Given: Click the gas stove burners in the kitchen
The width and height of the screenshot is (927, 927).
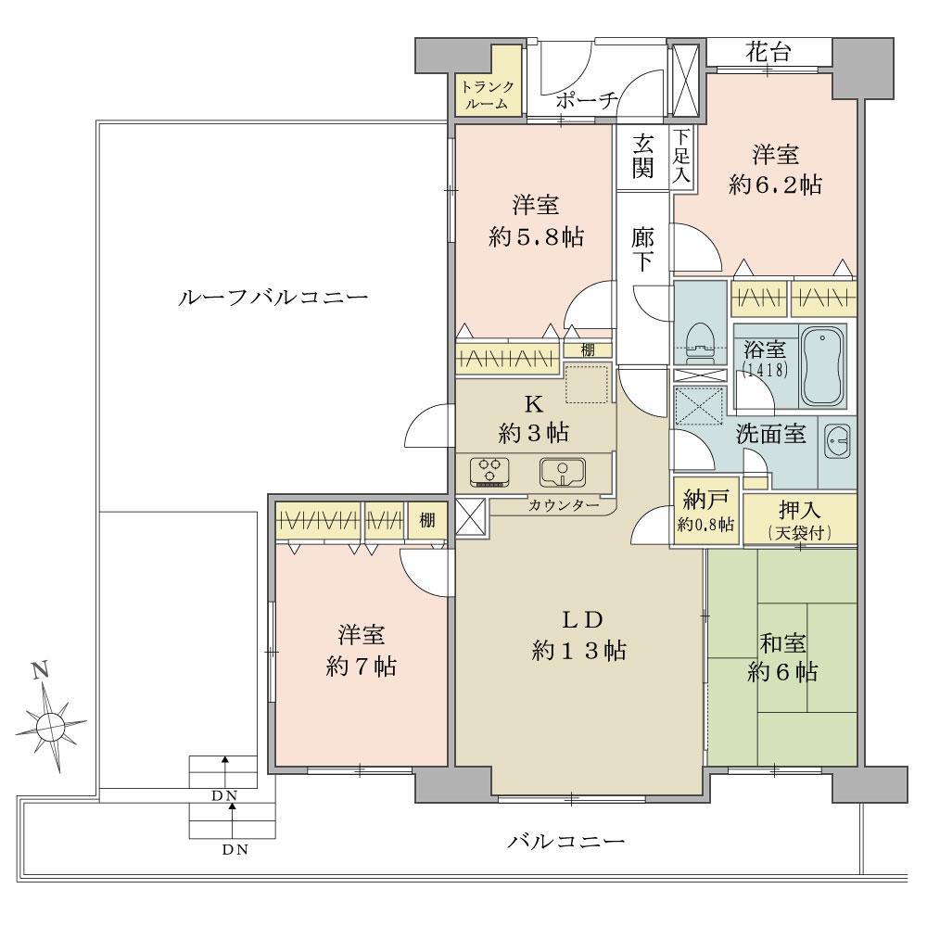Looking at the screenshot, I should click(491, 471).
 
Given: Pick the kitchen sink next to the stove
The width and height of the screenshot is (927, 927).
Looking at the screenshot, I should click(562, 472).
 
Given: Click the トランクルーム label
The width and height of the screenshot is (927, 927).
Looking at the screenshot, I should click(487, 95).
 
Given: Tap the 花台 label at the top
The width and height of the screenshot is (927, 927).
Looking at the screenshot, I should click(768, 54).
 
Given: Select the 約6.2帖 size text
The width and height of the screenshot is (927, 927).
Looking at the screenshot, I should click(775, 184).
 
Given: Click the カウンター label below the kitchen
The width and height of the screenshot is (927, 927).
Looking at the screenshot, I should click(564, 505).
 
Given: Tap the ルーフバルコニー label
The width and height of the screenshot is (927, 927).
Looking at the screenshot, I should click(273, 298).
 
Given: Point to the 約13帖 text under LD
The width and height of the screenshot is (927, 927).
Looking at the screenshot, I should click(578, 652).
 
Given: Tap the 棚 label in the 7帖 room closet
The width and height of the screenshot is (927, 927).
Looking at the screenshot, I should click(426, 520).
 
